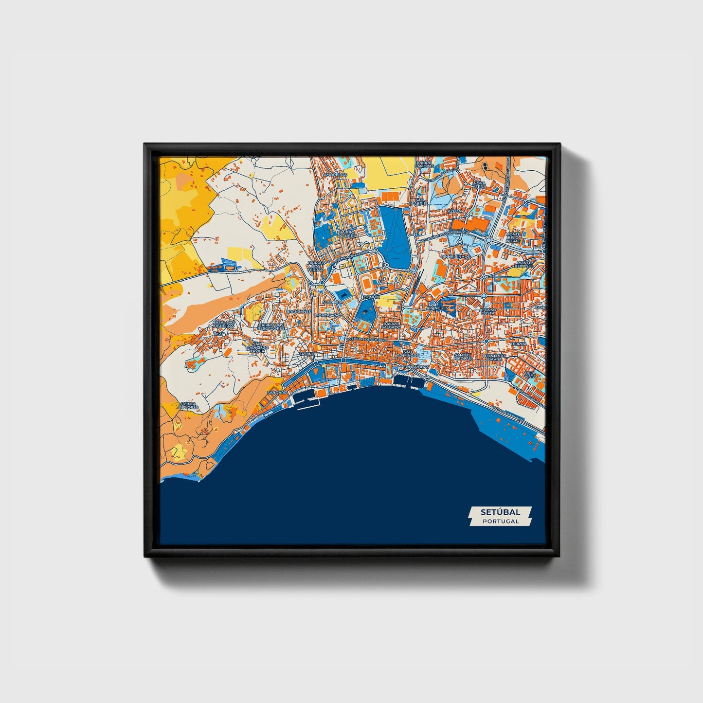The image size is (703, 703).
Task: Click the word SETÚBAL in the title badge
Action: pyautogui.click(x=500, y=512)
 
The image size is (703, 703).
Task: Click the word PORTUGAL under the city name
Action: pyautogui.click(x=500, y=521)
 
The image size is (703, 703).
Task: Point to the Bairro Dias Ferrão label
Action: pyautogui.click(x=315, y=266)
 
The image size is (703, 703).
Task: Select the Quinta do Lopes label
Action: pyautogui.click(x=188, y=405)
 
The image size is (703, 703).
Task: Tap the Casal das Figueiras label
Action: pyautogui.click(x=224, y=324)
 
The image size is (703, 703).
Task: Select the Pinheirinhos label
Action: pyautogui.click(x=455, y=256)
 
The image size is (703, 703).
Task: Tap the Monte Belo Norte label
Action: pyautogui.click(x=513, y=237)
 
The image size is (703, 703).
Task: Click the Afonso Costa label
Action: pyautogui.click(x=487, y=311)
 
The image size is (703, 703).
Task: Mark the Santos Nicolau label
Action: pyautogui.click(x=462, y=357)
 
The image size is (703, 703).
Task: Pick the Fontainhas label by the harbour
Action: pyautogui.click(x=417, y=366)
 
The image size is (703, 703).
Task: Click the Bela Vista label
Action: pyautogui.click(x=530, y=375)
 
